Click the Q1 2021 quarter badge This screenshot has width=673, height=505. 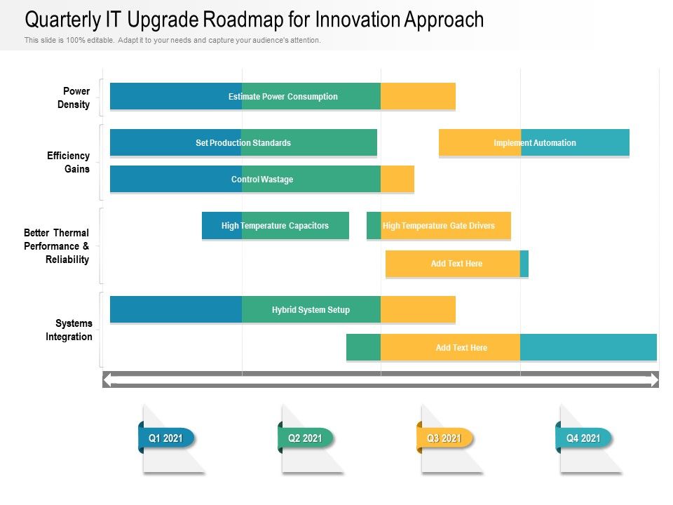(166, 438)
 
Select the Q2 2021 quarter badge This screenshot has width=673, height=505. (306, 438)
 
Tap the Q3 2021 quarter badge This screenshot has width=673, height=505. (444, 438)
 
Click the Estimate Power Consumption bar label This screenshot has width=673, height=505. (283, 97)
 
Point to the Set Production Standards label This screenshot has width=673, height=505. (243, 143)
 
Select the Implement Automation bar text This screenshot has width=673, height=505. (535, 143)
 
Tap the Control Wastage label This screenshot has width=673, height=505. (262, 180)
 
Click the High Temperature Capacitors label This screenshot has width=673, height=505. (275, 226)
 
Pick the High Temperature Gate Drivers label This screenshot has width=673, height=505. (439, 226)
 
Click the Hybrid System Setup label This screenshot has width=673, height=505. (311, 310)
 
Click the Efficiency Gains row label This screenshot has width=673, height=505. (69, 162)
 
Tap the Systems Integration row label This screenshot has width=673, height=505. (69, 330)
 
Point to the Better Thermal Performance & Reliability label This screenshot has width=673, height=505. (57, 246)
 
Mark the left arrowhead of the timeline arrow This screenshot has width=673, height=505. (107, 380)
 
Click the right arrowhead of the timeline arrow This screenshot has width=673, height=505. (653, 380)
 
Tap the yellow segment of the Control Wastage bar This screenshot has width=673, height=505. (397, 180)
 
